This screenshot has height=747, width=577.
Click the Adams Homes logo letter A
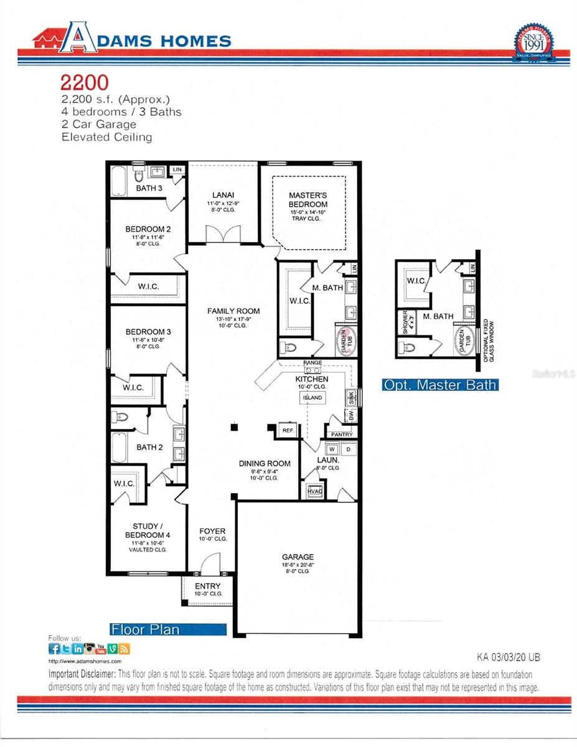pos(78,39)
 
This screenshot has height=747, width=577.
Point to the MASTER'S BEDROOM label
pos(308,200)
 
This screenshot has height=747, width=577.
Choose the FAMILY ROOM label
pos(233,311)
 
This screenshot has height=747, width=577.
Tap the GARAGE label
pos(298,557)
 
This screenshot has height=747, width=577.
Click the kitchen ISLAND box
pos(312,397)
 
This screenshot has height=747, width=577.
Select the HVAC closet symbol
pos(314,490)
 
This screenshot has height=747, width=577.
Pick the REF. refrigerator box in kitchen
pos(288,430)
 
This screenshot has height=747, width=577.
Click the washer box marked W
pos(332,448)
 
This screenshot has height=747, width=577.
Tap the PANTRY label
pos(342,435)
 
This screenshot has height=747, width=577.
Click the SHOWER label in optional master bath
pos(405,322)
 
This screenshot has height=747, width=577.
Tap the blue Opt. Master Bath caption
pos(440,385)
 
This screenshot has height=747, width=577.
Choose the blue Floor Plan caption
pos(146,629)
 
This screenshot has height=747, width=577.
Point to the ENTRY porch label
pos(208,586)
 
